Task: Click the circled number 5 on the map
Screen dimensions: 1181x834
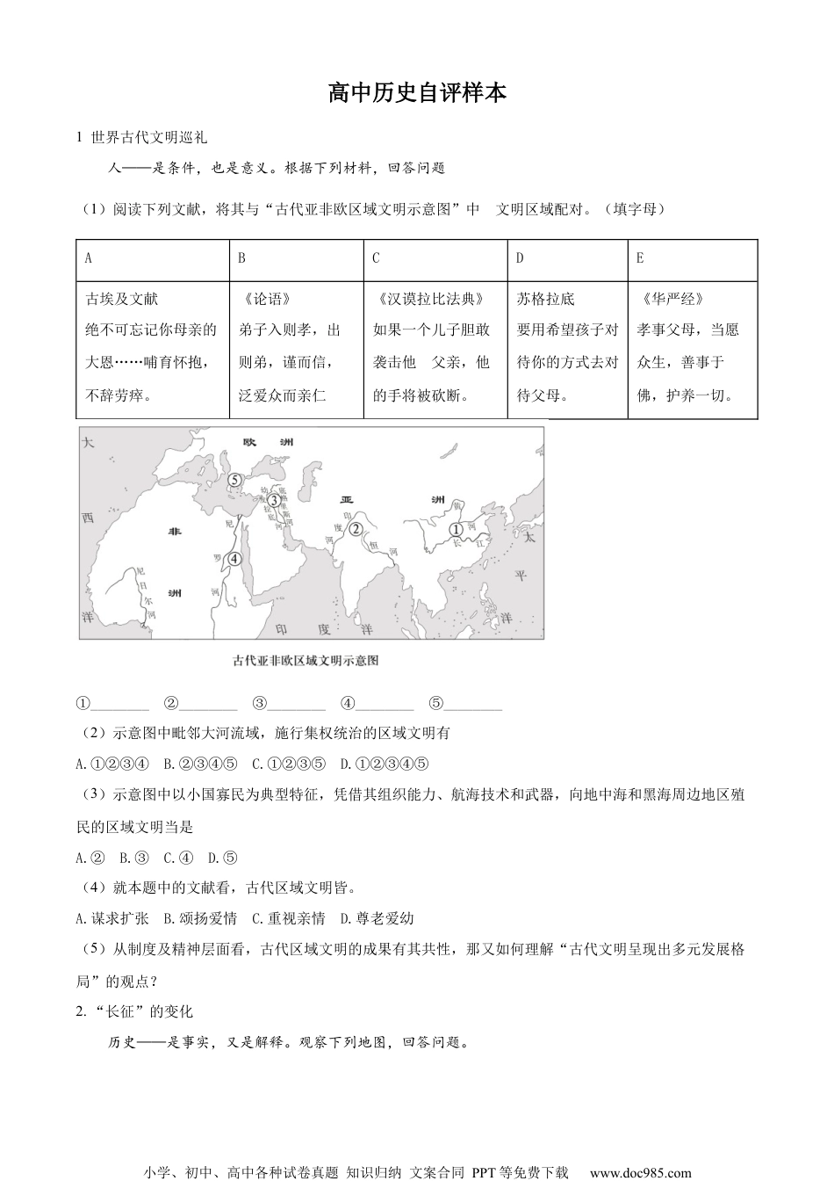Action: click(x=234, y=480)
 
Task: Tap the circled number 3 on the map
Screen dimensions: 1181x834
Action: click(x=274, y=500)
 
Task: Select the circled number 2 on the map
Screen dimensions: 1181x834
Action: click(x=356, y=529)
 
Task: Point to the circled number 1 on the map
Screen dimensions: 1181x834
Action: click(x=456, y=530)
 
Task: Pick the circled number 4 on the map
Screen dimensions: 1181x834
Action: click(x=234, y=558)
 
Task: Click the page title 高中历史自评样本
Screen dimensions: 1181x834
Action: click(x=417, y=92)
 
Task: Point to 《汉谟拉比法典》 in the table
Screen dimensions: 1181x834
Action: click(x=428, y=299)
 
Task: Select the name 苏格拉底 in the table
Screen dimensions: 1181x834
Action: click(x=545, y=299)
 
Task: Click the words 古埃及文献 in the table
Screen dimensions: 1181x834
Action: click(x=122, y=299)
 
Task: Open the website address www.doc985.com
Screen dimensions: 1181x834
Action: click(x=640, y=1172)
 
